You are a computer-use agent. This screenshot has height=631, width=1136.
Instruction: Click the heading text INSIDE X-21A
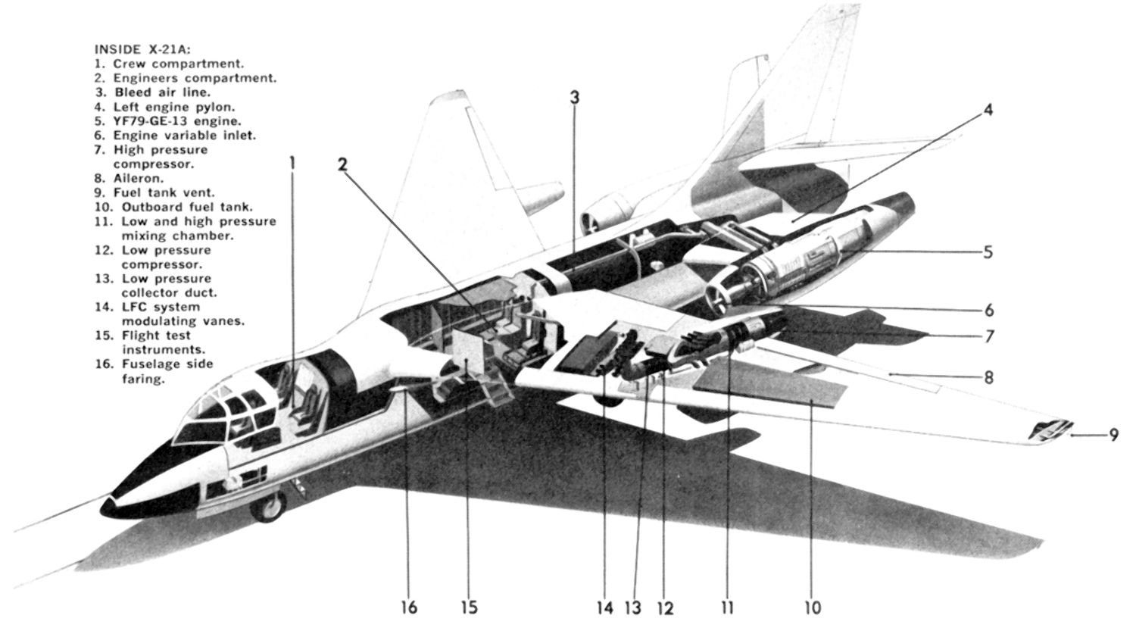pos(142,49)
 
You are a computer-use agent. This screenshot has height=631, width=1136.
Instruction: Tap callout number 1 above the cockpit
pos(292,164)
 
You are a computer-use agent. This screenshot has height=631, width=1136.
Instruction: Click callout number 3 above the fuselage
pos(574,98)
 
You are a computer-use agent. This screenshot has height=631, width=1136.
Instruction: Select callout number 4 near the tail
pos(988,110)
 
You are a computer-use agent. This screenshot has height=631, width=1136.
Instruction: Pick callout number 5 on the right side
pos(988,252)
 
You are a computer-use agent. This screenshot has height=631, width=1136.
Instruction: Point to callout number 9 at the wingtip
pos(1113,435)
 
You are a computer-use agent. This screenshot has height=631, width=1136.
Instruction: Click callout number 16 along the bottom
pos(409,608)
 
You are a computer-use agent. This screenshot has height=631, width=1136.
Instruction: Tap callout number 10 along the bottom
pos(813,608)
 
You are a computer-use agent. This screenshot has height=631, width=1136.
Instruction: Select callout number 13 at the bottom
pos(633,608)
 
